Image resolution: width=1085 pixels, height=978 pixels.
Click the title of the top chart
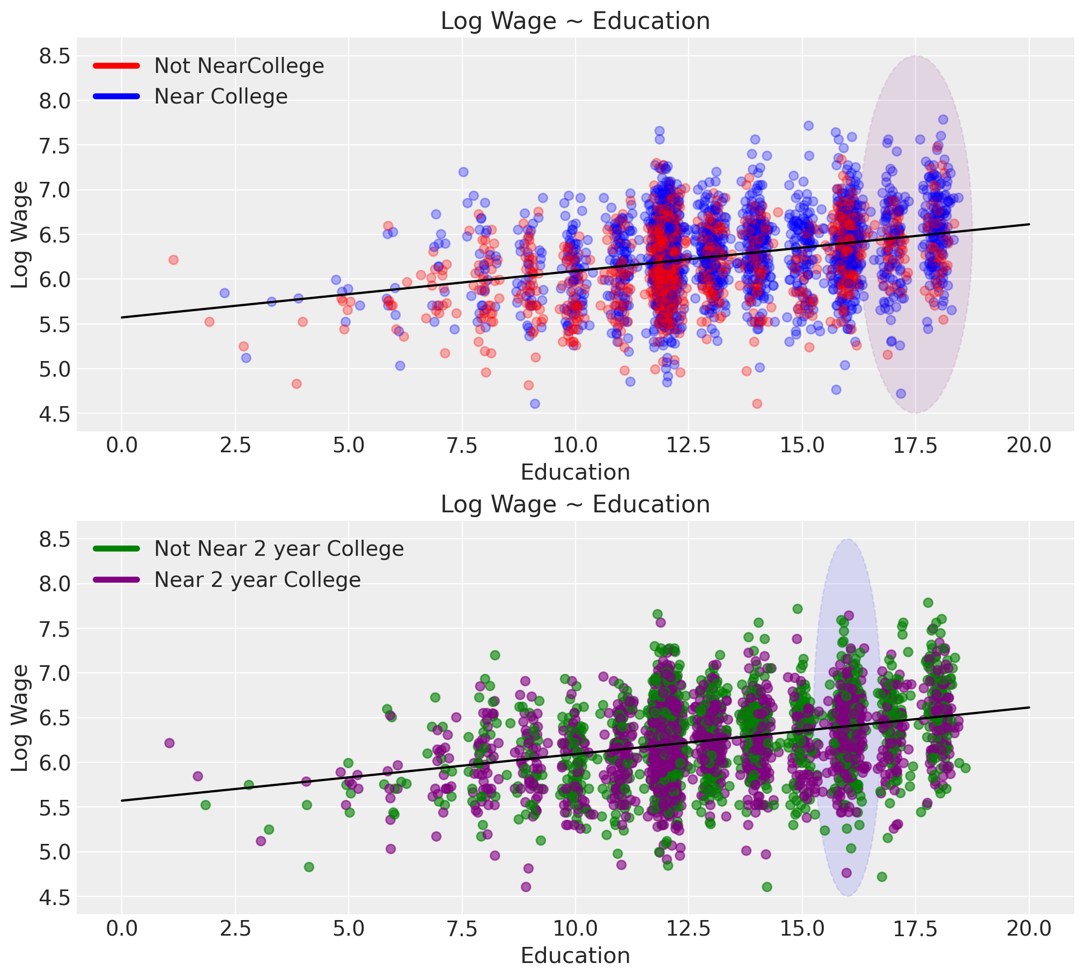point(575,21)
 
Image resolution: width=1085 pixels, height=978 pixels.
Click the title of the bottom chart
point(575,505)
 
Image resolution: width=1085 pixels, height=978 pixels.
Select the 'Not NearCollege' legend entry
point(239,66)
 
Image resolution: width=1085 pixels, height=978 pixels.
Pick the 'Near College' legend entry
point(221,97)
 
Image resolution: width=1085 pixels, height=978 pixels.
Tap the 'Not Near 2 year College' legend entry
point(279,549)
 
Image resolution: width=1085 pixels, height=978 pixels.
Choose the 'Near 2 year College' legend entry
point(257,580)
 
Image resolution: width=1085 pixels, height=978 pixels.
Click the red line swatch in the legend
point(116,66)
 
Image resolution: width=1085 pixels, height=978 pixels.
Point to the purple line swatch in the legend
point(116,580)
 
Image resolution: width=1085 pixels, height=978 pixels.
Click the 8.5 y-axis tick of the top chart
point(55,56)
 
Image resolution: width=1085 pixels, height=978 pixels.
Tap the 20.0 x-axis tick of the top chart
point(1029,445)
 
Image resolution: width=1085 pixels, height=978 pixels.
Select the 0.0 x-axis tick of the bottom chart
point(122,929)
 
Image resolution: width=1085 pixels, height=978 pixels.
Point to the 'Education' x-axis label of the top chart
point(575,472)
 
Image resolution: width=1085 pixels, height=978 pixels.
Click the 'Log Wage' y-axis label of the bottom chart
point(20,718)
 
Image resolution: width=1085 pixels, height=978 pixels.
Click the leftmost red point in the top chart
point(173,260)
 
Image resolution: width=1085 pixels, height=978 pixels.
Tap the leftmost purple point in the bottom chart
point(169,743)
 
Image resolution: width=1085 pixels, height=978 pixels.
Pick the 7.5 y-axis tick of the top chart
point(55,145)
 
